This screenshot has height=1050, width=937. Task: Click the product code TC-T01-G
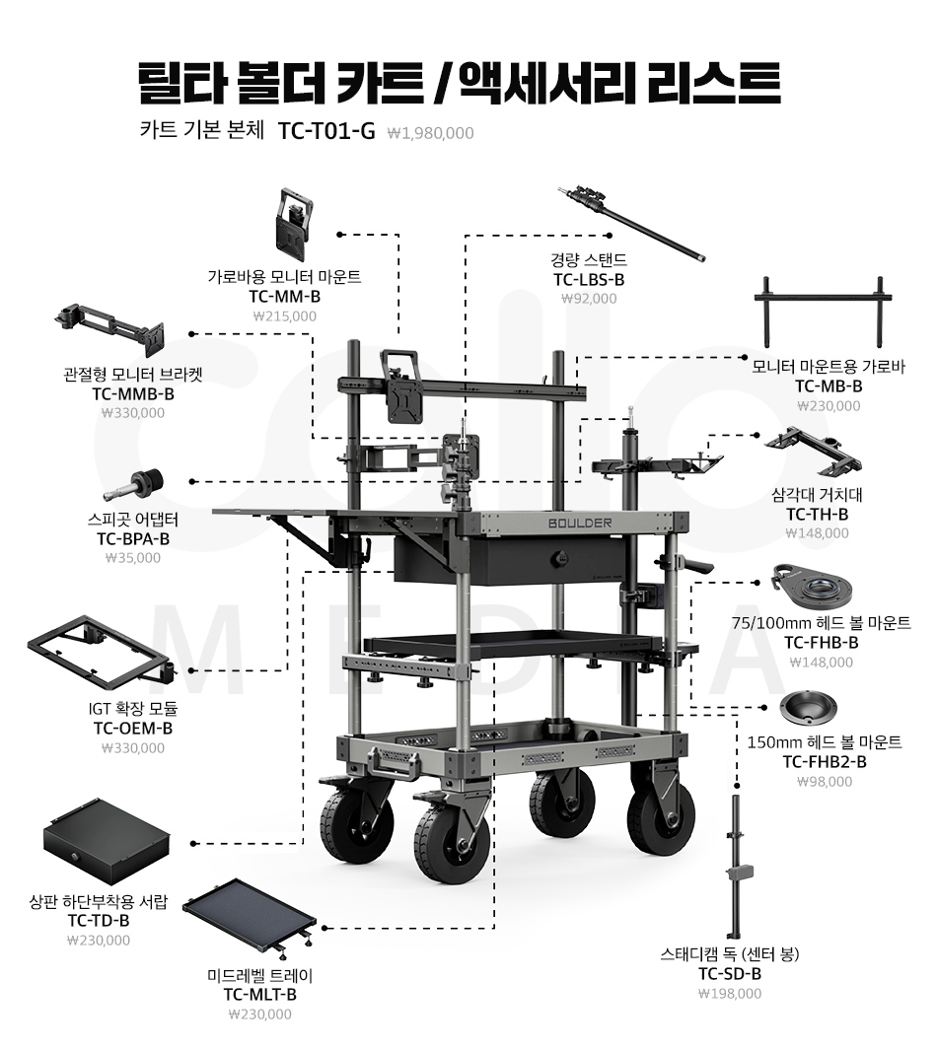pos(326,131)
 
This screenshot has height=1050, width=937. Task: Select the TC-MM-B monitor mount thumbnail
pos(292,218)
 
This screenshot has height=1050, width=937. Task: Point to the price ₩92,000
pos(589,299)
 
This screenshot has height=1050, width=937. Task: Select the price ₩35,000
pos(132,558)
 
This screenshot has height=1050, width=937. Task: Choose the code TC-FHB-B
pos(821,643)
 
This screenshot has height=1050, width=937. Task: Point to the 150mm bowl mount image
pos(807,707)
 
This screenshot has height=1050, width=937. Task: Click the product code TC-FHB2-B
pos(825,761)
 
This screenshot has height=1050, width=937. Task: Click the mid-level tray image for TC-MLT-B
pos(250,918)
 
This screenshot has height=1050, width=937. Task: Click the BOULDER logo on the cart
pos(580,522)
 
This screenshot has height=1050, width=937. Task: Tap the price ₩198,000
pos(730,994)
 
